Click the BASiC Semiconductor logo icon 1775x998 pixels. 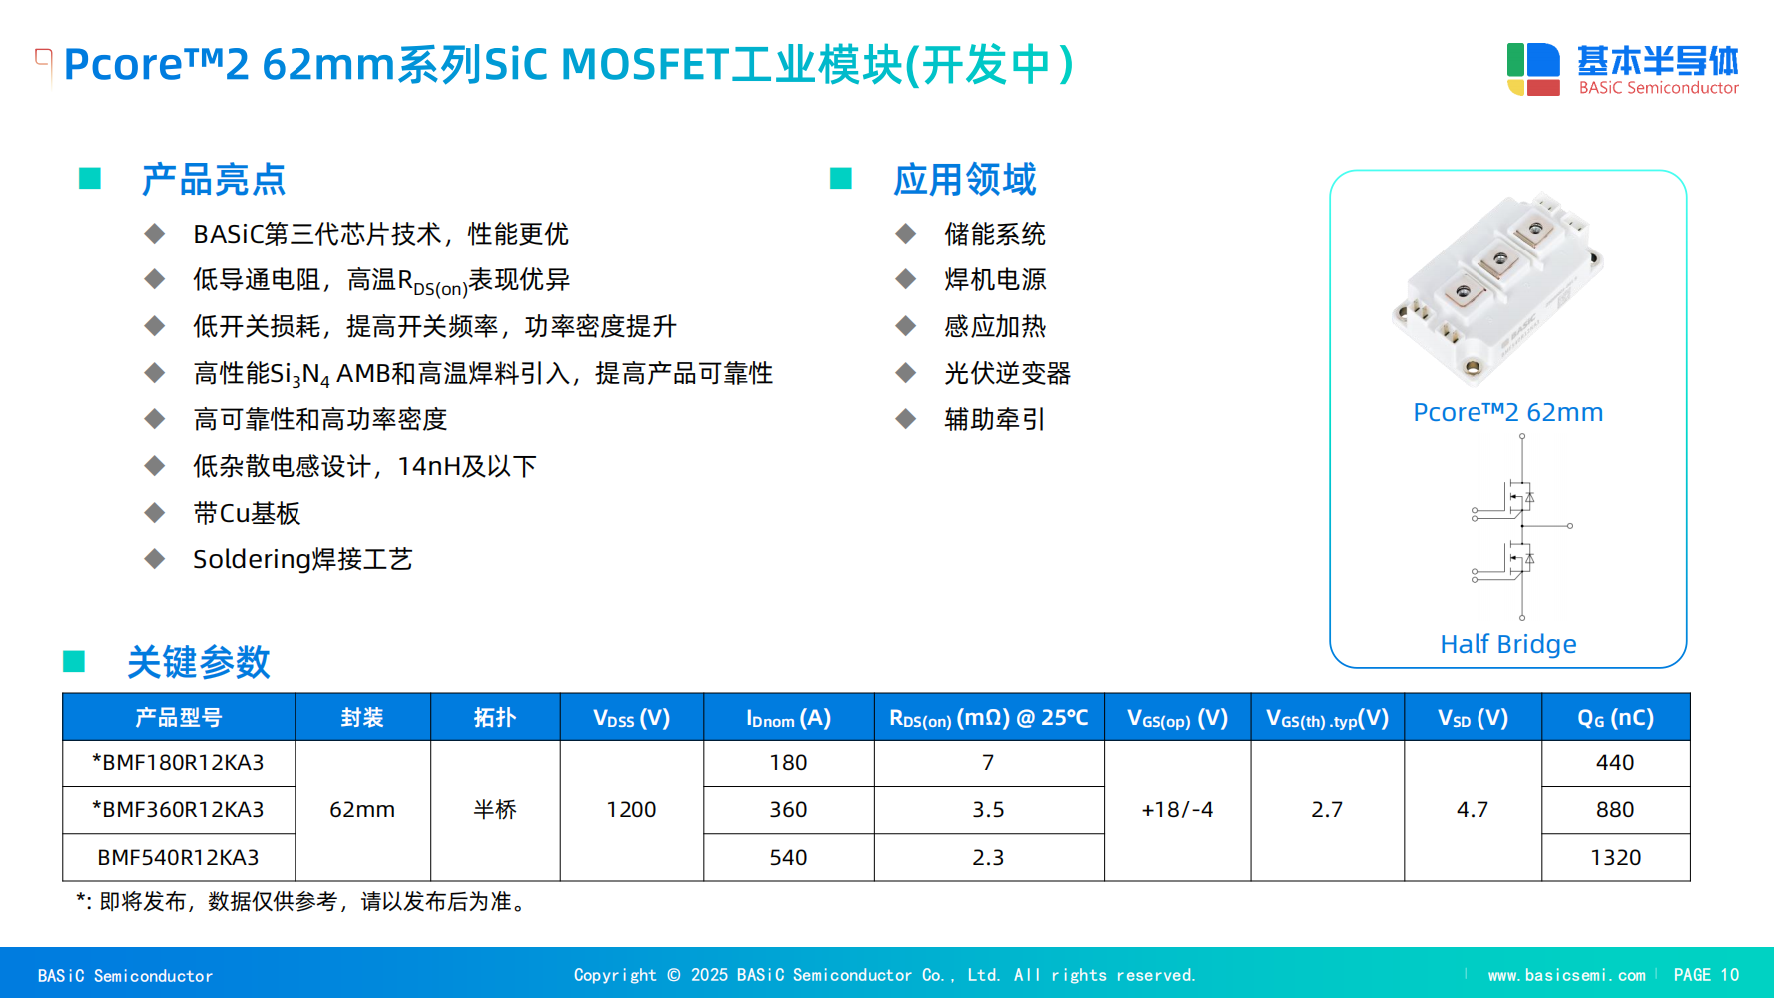(x=1533, y=69)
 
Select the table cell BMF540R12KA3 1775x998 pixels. (x=178, y=857)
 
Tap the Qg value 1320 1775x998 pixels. (x=1615, y=857)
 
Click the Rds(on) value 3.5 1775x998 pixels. (x=988, y=809)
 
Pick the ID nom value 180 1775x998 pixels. (x=788, y=762)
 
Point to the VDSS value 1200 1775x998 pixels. (x=631, y=809)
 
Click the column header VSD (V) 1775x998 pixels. (x=1473, y=717)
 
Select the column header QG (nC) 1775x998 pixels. (x=1615, y=717)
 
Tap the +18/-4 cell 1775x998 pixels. (x=1177, y=809)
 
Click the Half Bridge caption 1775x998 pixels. (x=1507, y=644)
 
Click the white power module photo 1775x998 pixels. (x=1498, y=286)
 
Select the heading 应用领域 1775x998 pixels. (x=964, y=180)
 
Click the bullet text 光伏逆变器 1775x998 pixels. (x=1007, y=373)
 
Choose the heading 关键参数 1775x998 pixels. (x=198, y=662)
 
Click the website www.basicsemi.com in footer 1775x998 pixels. (x=1566, y=975)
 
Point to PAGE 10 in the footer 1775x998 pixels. (x=1706, y=975)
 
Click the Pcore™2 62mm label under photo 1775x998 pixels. (x=1507, y=412)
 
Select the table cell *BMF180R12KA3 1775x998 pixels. (x=178, y=762)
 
